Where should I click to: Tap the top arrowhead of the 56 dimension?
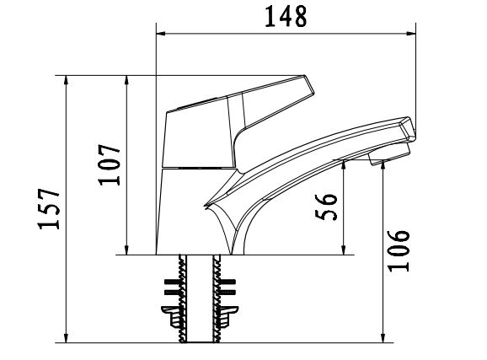(x=345, y=164)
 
